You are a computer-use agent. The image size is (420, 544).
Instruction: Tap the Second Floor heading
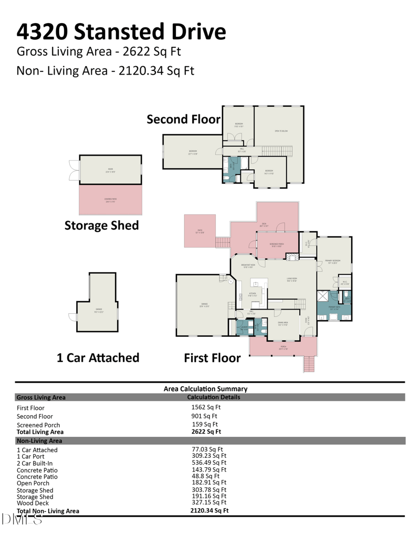click(183, 119)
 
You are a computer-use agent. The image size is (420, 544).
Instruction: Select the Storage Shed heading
click(101, 225)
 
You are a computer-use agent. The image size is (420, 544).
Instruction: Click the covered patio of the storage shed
click(110, 199)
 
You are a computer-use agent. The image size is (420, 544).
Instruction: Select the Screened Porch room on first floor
click(277, 245)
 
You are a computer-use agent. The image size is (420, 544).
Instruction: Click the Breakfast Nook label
click(248, 265)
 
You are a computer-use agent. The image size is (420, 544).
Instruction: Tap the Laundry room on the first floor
click(244, 328)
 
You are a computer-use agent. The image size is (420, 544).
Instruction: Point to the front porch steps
click(310, 364)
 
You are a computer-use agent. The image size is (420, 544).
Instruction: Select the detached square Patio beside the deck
click(199, 231)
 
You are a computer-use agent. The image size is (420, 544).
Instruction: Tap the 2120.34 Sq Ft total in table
click(209, 510)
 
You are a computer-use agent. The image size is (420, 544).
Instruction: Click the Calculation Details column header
click(213, 397)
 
